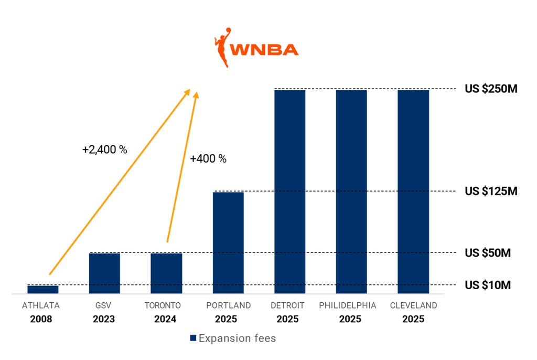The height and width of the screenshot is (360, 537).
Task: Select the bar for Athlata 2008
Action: click(x=43, y=289)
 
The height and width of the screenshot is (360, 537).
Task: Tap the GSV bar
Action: click(x=104, y=273)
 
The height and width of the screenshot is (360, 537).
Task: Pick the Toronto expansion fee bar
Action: click(x=166, y=273)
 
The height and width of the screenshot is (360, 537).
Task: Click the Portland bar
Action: click(x=228, y=242)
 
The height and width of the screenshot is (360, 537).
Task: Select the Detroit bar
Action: click(x=289, y=191)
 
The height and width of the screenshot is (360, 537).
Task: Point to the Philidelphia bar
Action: click(x=351, y=191)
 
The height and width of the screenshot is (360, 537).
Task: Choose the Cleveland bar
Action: click(x=413, y=191)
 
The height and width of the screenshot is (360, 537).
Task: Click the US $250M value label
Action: click(x=491, y=89)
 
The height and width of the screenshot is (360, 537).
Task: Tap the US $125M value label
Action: click(x=491, y=191)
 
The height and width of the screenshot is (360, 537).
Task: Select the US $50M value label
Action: click(x=488, y=253)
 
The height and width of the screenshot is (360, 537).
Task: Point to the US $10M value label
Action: click(x=488, y=285)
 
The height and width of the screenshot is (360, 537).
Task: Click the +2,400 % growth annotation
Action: click(x=105, y=150)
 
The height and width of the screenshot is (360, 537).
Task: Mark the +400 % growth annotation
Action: click(x=208, y=159)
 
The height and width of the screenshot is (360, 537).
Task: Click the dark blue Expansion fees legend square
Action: click(x=192, y=338)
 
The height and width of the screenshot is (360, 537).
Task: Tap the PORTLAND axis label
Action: click(x=229, y=305)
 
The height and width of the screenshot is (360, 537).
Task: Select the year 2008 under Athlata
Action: click(x=41, y=319)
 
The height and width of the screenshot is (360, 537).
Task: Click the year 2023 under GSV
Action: click(x=104, y=319)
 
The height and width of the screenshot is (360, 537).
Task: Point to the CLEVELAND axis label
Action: click(x=413, y=305)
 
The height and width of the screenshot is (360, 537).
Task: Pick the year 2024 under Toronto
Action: click(x=165, y=319)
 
